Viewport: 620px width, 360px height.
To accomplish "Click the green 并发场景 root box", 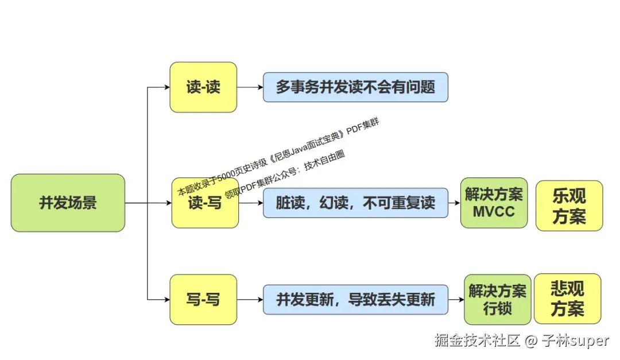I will click(x=68, y=203).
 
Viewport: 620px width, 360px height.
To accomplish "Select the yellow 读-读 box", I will click(x=203, y=87).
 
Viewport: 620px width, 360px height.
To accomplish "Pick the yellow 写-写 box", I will click(x=203, y=299).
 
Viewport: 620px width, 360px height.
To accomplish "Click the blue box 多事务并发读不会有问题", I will click(x=355, y=87).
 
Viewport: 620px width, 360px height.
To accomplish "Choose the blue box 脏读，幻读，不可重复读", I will click(x=355, y=203).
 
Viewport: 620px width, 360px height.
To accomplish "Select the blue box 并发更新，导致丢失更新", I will click(x=355, y=299).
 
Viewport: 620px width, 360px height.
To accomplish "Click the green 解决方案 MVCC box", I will click(x=494, y=203).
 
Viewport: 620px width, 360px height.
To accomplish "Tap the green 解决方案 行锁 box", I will click(x=497, y=299).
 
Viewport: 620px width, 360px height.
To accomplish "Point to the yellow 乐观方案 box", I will click(x=569, y=206).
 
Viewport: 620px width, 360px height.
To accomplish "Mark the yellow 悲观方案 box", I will click(x=567, y=299).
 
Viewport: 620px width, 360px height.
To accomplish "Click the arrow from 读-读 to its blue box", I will click(x=250, y=87).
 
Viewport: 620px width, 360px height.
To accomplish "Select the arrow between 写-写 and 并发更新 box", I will click(x=250, y=299).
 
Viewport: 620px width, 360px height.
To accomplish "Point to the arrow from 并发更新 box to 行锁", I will click(x=456, y=299).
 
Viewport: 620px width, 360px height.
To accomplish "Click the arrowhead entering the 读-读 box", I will click(x=166, y=87).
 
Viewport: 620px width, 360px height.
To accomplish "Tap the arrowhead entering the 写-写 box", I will click(x=166, y=299).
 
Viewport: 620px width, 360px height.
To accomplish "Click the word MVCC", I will click(x=494, y=211).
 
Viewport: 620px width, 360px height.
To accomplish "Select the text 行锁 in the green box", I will click(x=497, y=308).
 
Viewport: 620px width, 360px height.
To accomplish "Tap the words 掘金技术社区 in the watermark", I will click(x=477, y=340).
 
